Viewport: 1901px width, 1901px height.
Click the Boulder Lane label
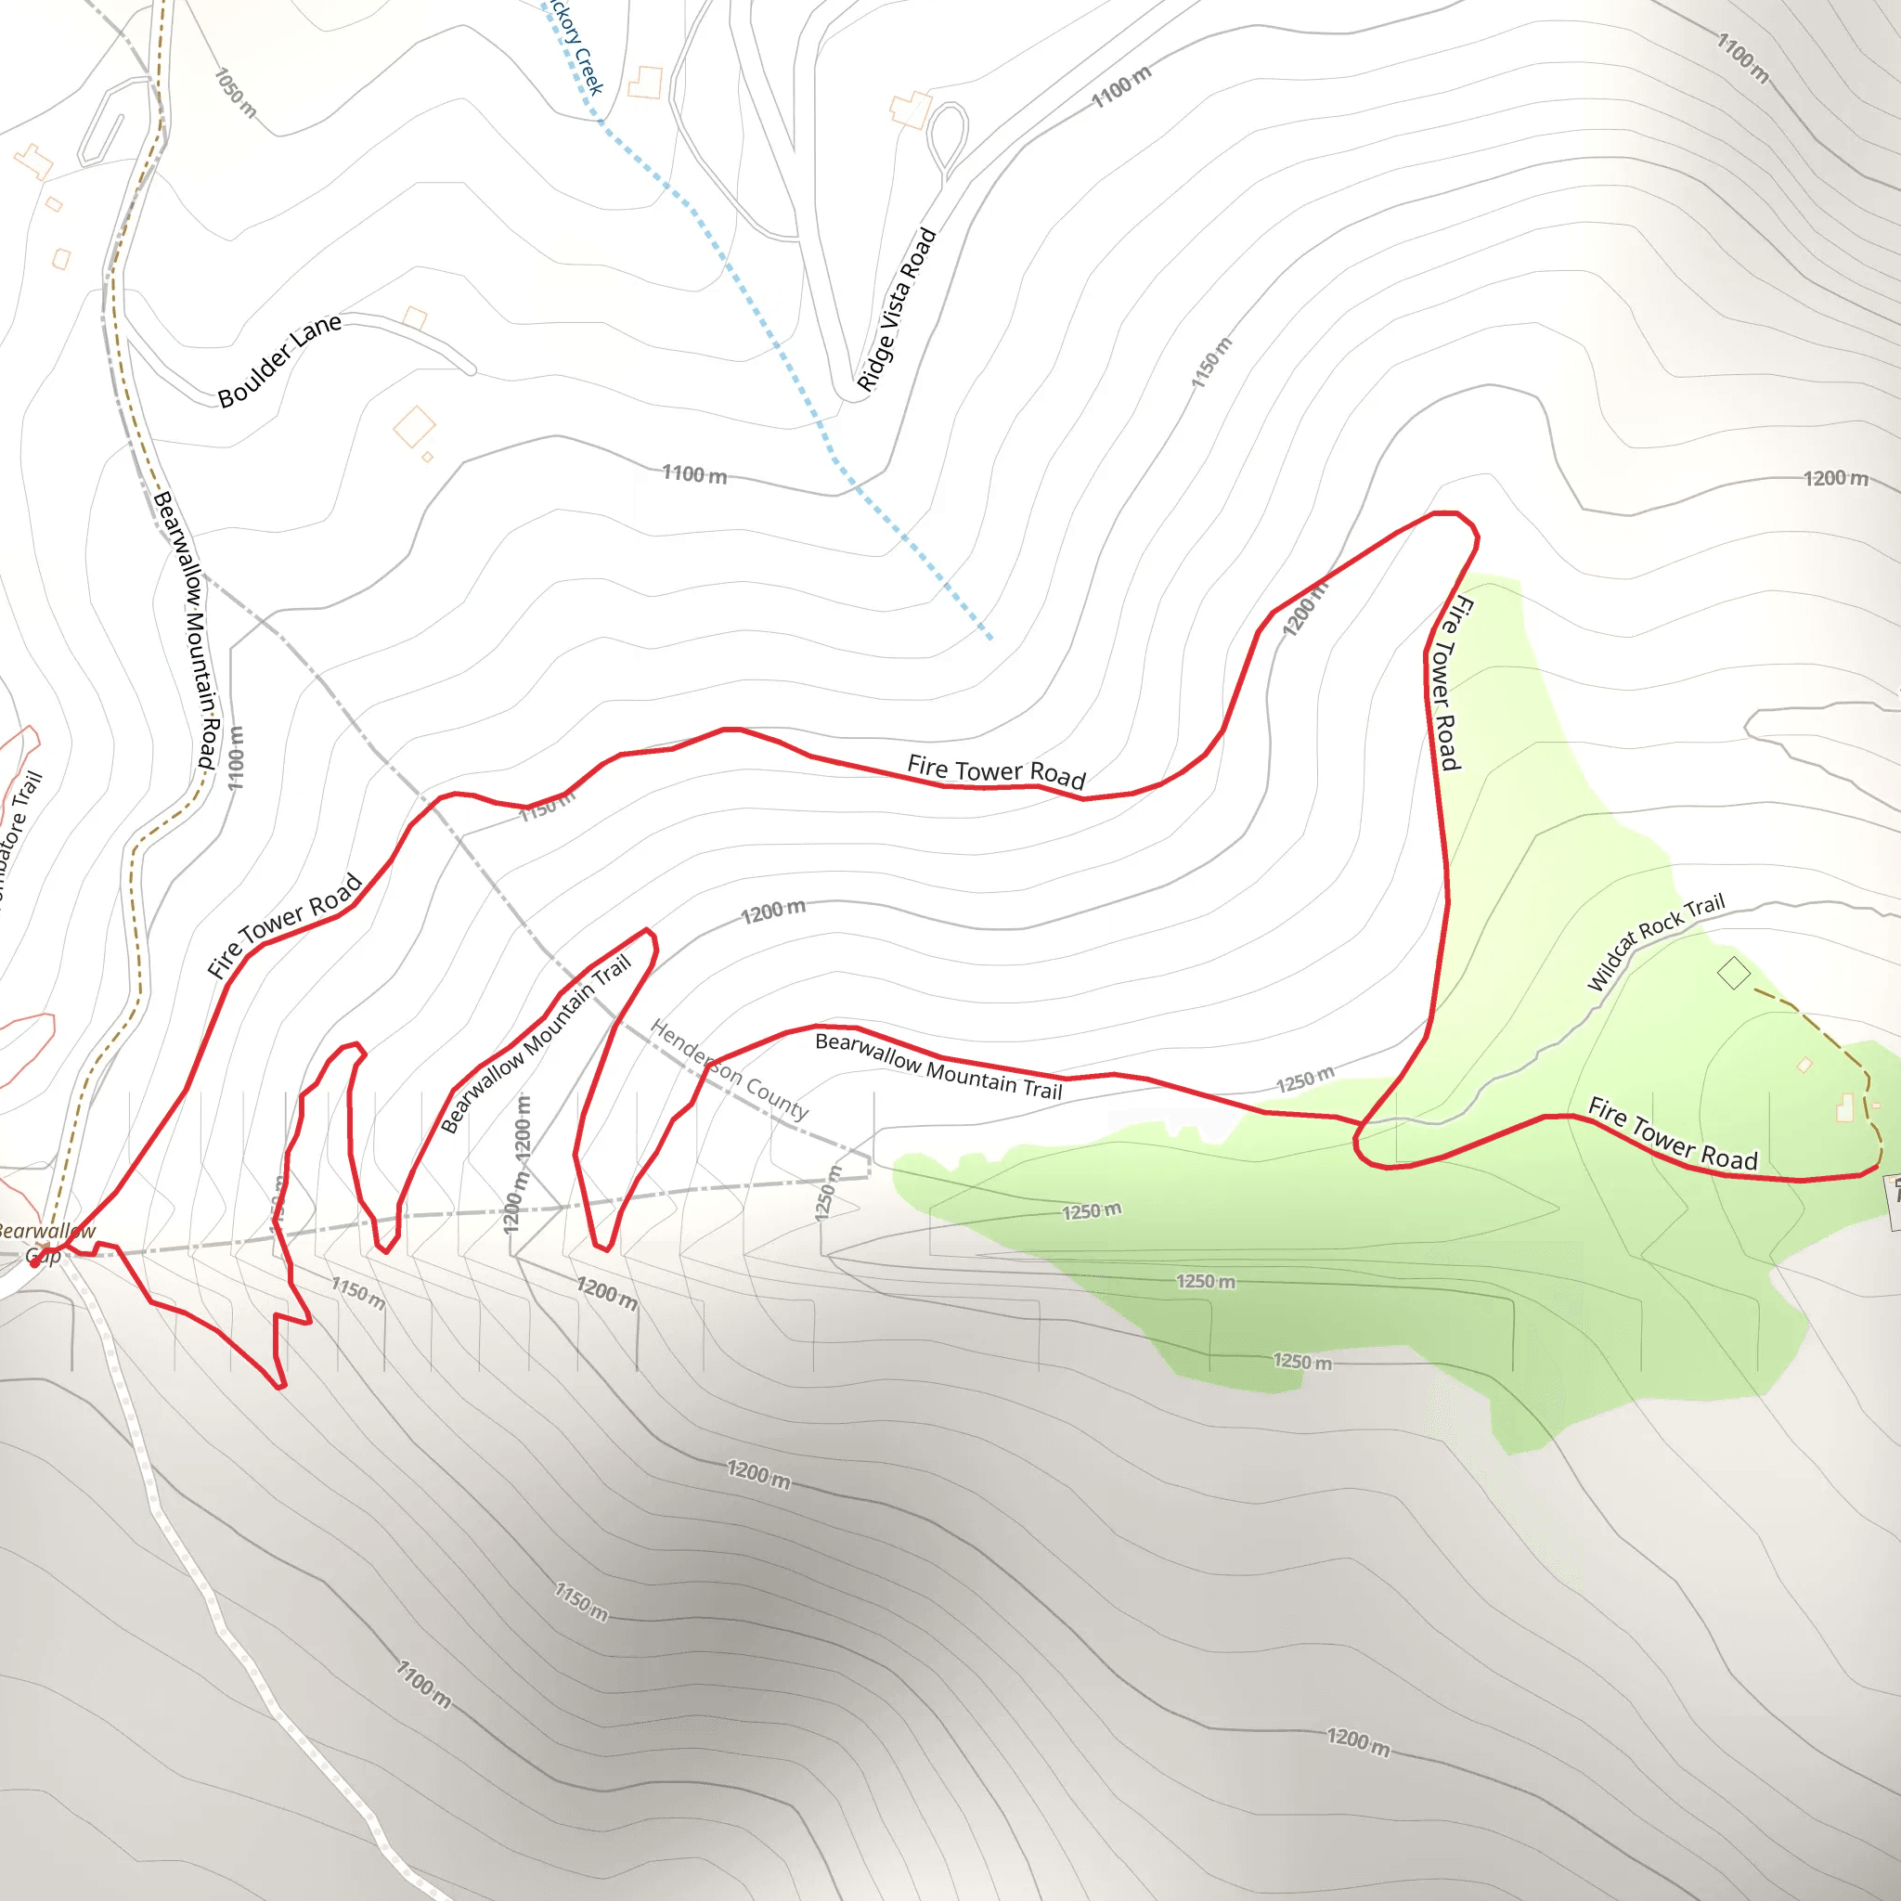click(x=279, y=359)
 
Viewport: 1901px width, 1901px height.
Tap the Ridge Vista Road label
click(x=896, y=309)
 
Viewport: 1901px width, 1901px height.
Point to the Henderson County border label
click(x=729, y=1069)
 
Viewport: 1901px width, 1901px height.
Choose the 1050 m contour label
click(x=236, y=93)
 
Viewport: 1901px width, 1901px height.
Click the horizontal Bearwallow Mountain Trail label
click(x=938, y=1066)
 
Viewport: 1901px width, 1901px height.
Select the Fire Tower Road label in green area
click(x=1673, y=1134)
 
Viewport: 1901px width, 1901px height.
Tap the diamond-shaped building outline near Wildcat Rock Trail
click(x=1734, y=974)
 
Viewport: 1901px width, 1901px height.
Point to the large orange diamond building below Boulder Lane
click(x=414, y=427)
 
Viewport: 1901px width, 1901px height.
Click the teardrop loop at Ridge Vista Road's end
click(x=947, y=136)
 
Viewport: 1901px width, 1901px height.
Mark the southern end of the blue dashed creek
click(x=989, y=639)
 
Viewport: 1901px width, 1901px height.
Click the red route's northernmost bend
click(x=1446, y=512)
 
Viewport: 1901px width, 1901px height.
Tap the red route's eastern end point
click(x=1878, y=1167)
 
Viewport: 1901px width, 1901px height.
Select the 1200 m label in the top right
click(x=1835, y=478)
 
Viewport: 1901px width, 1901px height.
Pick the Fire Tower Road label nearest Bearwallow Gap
click(x=285, y=925)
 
